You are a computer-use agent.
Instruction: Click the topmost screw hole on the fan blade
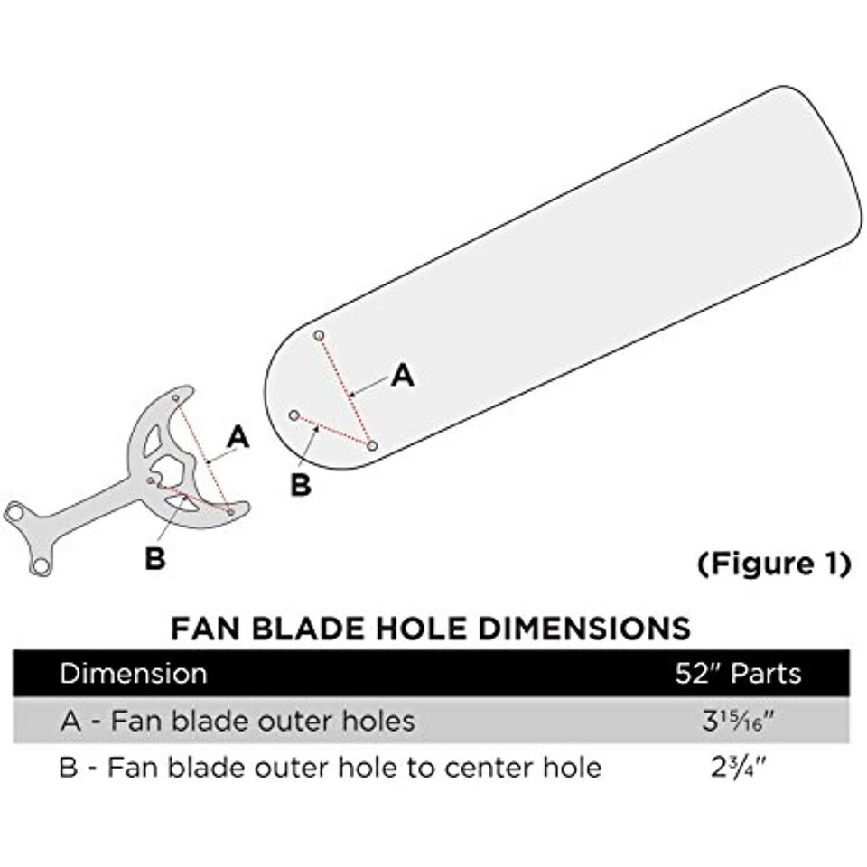click(319, 335)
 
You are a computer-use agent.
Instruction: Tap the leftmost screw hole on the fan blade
click(294, 415)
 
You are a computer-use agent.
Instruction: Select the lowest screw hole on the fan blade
click(372, 445)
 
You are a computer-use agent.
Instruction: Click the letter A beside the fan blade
click(402, 376)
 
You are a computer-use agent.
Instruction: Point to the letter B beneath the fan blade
click(301, 485)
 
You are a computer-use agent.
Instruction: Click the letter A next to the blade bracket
click(238, 438)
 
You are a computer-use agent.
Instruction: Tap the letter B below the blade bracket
click(155, 559)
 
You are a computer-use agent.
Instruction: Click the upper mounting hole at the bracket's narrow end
click(15, 514)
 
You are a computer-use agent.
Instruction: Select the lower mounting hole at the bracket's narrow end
click(40, 566)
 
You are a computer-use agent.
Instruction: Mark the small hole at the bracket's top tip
click(177, 397)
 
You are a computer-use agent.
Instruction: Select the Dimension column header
click(133, 674)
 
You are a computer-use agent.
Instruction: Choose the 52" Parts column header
click(738, 674)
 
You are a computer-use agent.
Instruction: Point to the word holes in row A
click(375, 721)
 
